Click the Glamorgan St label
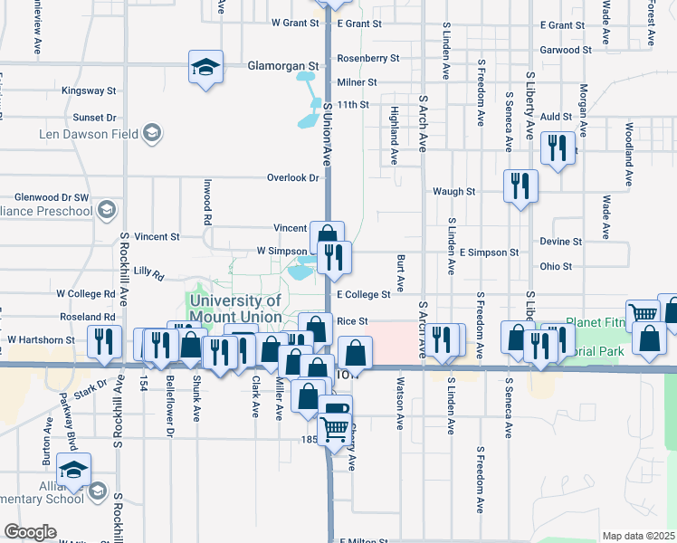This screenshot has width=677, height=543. click(285, 66)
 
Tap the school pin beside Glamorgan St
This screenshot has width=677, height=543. click(205, 67)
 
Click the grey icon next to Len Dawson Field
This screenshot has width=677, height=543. click(152, 135)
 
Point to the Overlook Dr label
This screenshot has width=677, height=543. click(293, 178)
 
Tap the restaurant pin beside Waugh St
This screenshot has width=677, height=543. click(520, 186)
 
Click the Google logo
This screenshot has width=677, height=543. click(30, 531)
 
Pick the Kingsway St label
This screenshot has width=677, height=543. click(89, 91)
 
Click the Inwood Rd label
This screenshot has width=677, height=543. click(207, 206)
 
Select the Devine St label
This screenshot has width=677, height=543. click(560, 242)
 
